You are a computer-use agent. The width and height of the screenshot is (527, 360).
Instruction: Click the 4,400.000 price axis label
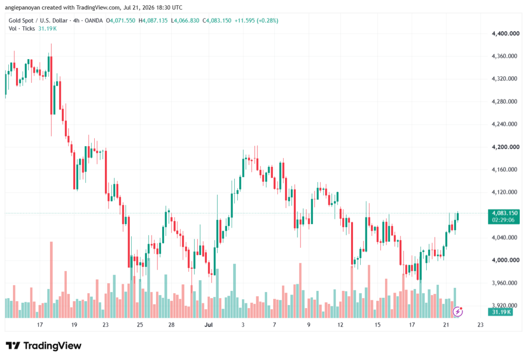tap(505, 33)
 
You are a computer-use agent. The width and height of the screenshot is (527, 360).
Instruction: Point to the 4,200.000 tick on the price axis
tap(505, 147)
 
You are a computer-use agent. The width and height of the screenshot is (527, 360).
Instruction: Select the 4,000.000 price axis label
tap(505, 260)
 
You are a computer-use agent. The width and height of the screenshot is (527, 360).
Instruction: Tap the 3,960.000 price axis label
tap(504, 283)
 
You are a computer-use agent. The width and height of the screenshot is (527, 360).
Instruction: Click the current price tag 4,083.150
tap(504, 213)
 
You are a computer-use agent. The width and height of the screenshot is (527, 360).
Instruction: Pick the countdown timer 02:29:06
tap(503, 220)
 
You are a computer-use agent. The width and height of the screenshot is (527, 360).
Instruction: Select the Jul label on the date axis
tap(208, 324)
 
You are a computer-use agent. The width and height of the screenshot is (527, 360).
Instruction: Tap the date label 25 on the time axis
tap(140, 324)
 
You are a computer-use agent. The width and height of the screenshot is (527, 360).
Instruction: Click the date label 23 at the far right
tap(480, 324)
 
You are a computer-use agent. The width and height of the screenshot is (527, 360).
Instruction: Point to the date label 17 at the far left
tap(40, 324)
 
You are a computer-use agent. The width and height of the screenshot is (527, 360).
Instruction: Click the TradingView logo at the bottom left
tap(43, 346)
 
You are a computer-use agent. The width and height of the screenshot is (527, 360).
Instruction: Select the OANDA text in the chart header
tap(94, 21)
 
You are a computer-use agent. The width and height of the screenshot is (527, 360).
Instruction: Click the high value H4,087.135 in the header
tap(153, 21)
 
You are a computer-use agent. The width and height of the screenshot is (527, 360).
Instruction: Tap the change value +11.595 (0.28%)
tap(256, 21)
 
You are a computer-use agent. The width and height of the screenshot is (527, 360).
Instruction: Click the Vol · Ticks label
tap(22, 29)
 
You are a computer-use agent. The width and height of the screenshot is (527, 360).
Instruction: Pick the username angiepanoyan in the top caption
tap(22, 7)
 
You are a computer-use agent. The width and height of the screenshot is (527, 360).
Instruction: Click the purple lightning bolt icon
tap(458, 312)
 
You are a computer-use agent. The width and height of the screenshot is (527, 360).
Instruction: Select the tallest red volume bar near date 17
tap(51, 280)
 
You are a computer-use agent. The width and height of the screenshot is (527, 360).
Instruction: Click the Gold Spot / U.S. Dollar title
tap(38, 21)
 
